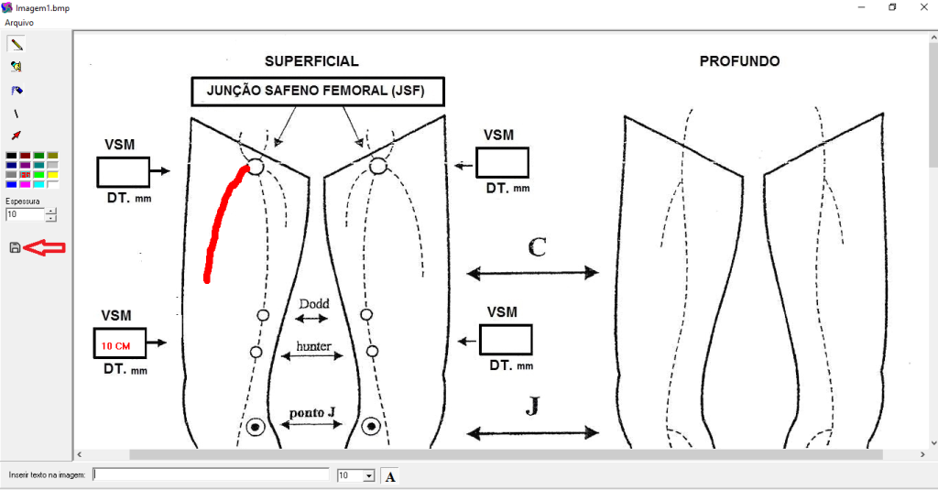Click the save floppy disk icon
click(15, 247)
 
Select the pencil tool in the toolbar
click(16, 43)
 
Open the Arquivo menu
click(19, 21)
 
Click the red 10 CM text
click(115, 346)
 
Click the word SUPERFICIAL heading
click(311, 61)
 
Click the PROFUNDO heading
click(739, 61)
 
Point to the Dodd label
click(313, 304)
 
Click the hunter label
click(313, 347)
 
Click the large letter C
click(538, 246)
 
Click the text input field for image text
click(211, 474)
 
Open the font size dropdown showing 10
click(369, 475)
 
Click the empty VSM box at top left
click(123, 171)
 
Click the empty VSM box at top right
click(503, 162)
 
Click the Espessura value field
click(25, 214)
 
